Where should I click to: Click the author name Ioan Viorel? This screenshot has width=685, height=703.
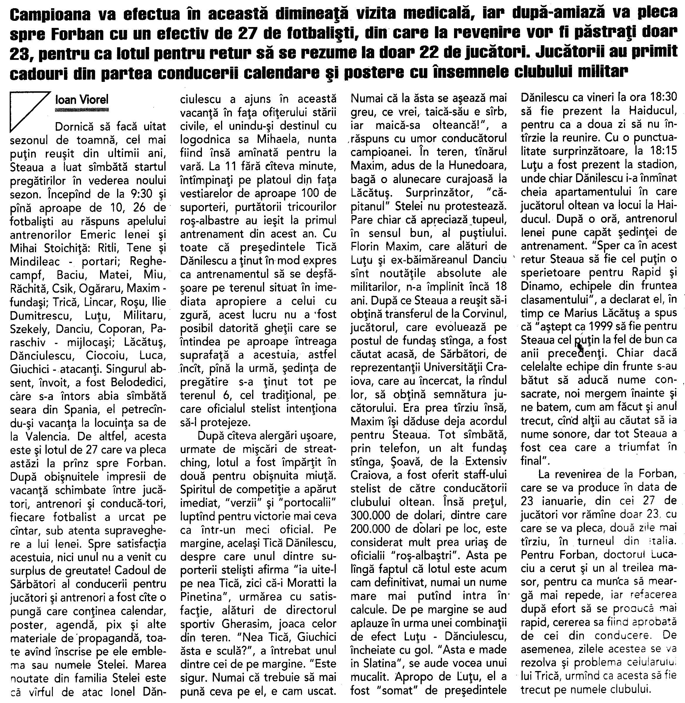[82, 100]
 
